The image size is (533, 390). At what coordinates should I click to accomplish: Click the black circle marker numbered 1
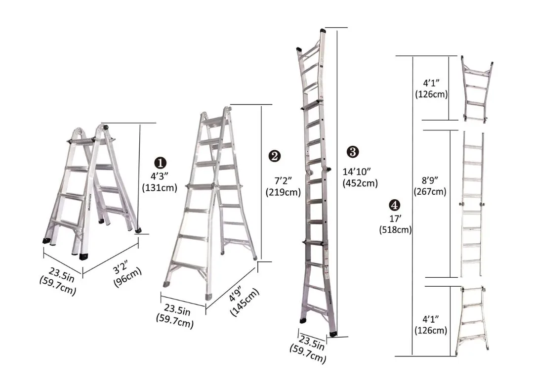tap(160, 163)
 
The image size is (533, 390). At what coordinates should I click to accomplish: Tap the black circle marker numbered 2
tap(275, 156)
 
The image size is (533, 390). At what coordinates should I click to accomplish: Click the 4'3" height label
tap(160, 176)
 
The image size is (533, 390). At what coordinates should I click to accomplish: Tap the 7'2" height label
tap(283, 179)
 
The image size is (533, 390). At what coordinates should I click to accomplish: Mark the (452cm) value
tap(360, 183)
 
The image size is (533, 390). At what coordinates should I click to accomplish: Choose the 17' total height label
tap(395, 218)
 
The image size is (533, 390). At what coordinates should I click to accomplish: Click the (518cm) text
tap(395, 230)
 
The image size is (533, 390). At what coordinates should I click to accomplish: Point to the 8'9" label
tap(431, 180)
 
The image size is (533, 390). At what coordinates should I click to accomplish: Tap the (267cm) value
tap(431, 192)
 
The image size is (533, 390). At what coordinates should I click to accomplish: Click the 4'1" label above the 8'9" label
tap(431, 82)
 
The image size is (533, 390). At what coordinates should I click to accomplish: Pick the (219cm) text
tap(283, 192)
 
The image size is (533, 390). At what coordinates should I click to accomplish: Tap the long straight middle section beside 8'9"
tap(472, 204)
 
